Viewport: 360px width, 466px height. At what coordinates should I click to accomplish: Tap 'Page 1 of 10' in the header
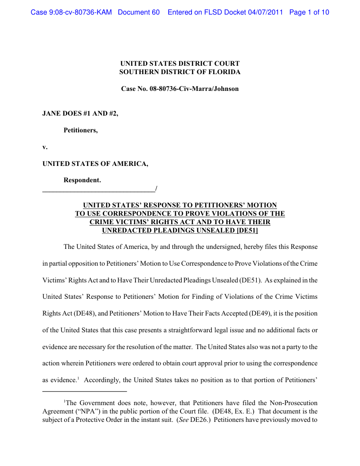pos(309,12)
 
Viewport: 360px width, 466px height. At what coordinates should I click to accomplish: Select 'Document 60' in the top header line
pos(139,12)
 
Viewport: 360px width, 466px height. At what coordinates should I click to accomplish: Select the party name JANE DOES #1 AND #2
pos(80,113)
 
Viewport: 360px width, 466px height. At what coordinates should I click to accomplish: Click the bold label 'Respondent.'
pos(82,180)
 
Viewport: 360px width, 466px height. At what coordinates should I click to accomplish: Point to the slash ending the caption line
pos(156,189)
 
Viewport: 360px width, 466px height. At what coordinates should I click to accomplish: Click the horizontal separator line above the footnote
pos(84,391)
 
